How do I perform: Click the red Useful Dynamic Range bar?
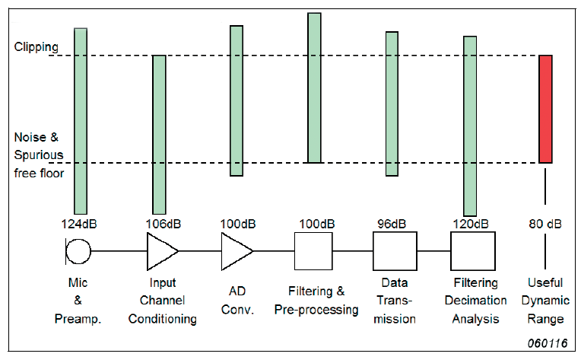point(545,109)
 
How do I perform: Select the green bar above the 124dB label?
point(81,120)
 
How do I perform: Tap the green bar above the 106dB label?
point(159,134)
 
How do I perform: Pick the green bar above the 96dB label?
point(392,104)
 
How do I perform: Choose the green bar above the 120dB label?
point(470,126)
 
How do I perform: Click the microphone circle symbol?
point(78,250)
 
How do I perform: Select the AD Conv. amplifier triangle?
point(236,250)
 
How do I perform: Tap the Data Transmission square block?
point(395,250)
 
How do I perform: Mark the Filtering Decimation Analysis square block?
point(473,250)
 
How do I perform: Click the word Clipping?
point(36,47)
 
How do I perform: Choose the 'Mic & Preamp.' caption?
point(79,301)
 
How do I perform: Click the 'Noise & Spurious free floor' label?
point(40,155)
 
